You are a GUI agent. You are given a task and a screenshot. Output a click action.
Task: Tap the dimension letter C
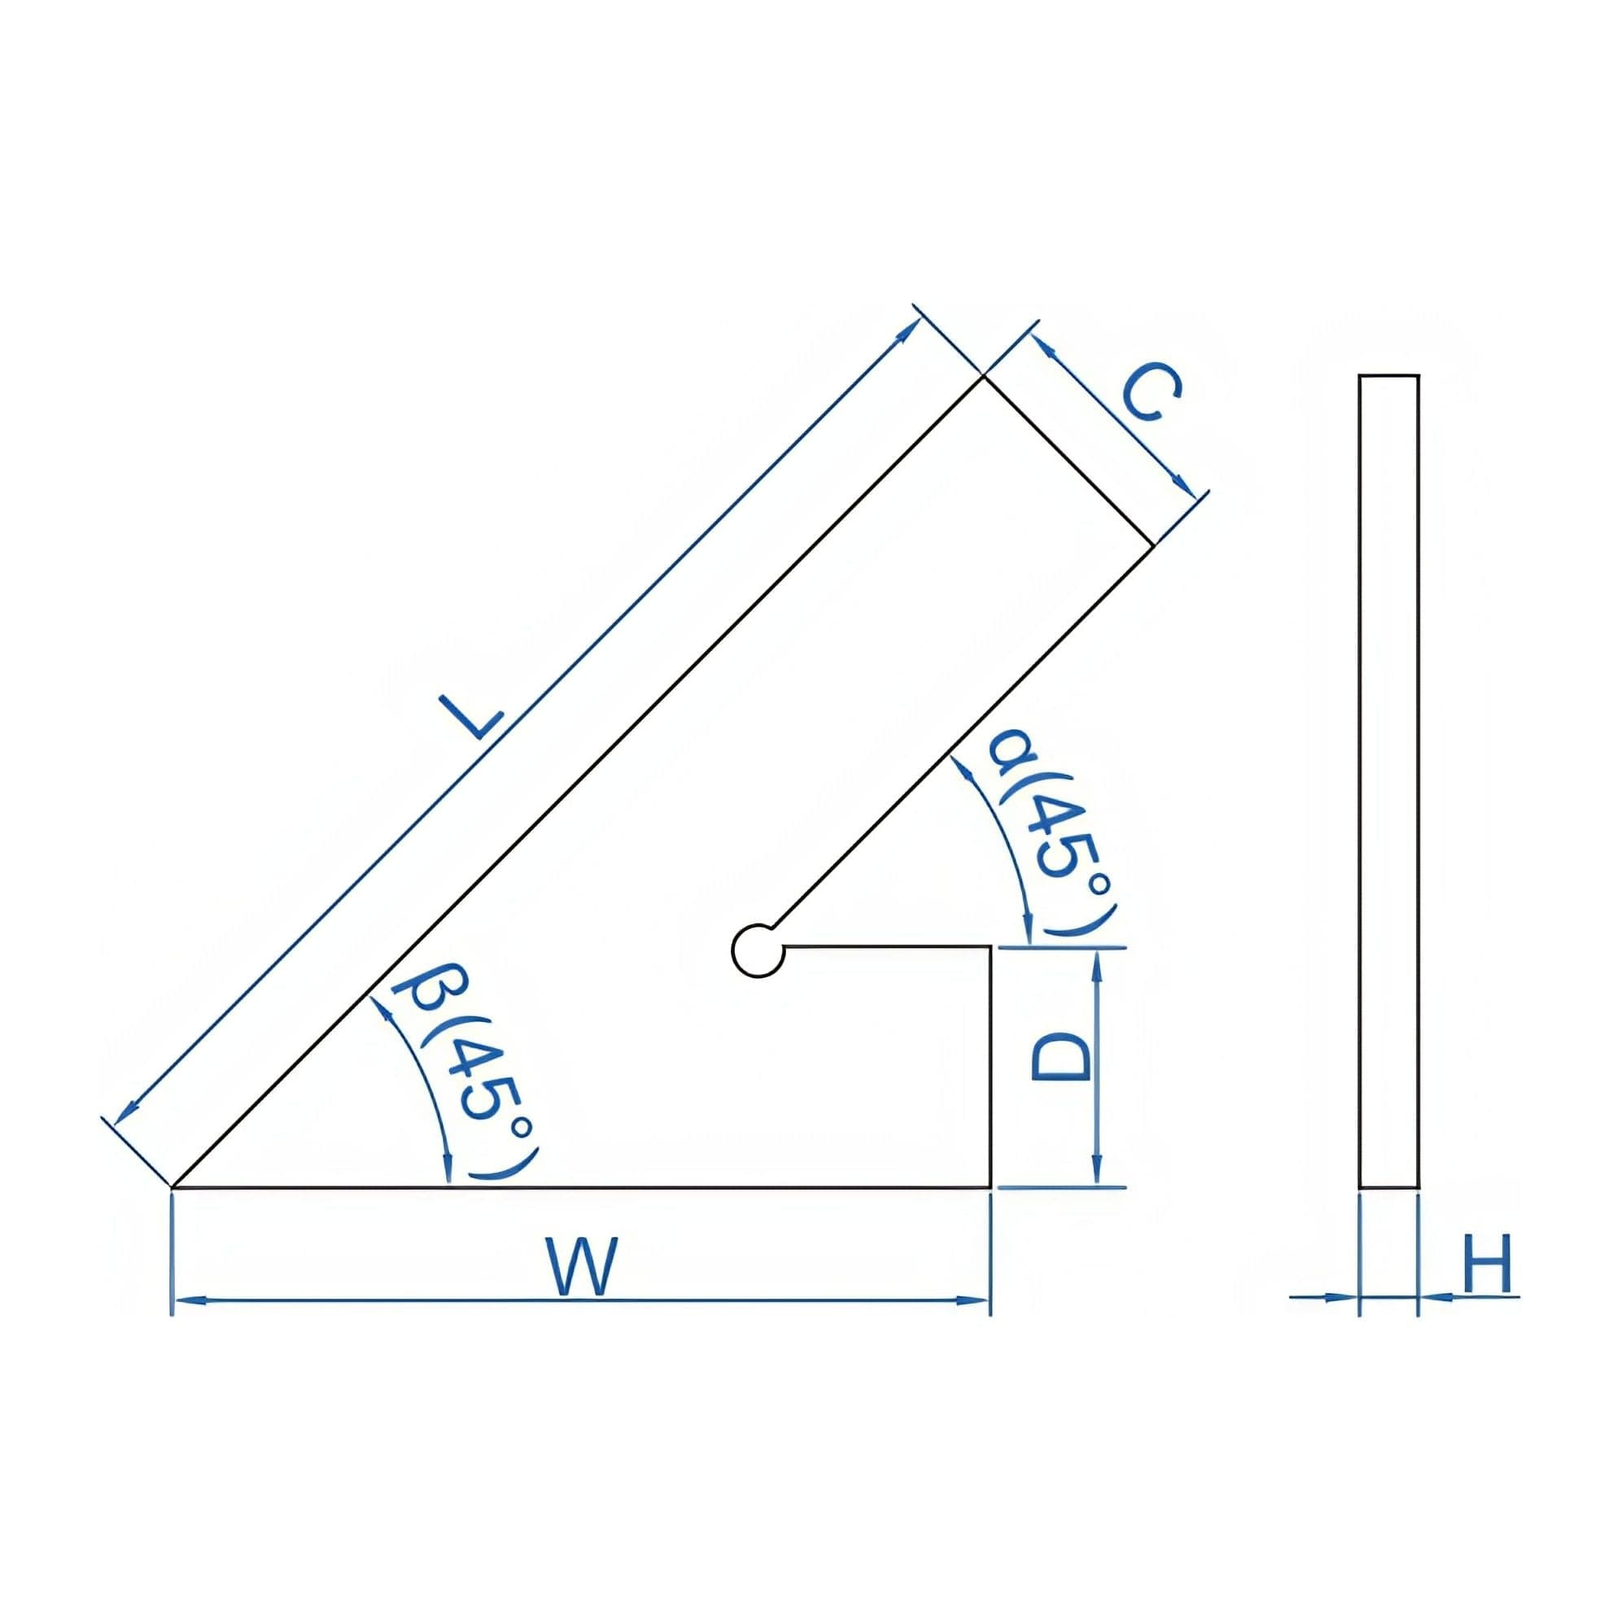1153,393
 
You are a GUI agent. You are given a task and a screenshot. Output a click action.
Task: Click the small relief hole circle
757,950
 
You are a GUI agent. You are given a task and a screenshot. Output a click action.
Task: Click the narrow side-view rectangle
1388,780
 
